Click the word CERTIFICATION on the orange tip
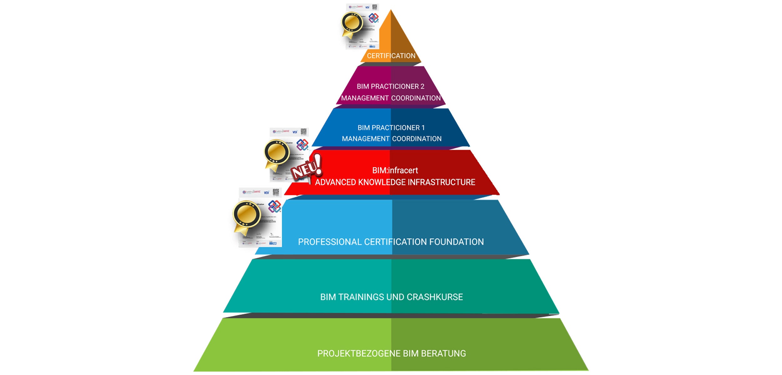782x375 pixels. [391, 56]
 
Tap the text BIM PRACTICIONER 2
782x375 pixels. [390, 86]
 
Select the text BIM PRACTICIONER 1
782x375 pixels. [391, 127]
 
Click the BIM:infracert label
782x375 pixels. [395, 170]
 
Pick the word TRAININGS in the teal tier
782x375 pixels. [361, 297]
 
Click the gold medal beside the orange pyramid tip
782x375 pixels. [352, 23]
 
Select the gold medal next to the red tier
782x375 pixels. [277, 152]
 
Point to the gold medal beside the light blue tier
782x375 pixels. [246, 214]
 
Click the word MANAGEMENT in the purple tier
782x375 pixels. [365, 98]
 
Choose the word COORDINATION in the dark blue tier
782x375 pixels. [417, 139]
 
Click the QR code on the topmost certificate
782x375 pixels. [374, 7]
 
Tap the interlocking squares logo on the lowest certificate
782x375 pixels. [274, 207]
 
